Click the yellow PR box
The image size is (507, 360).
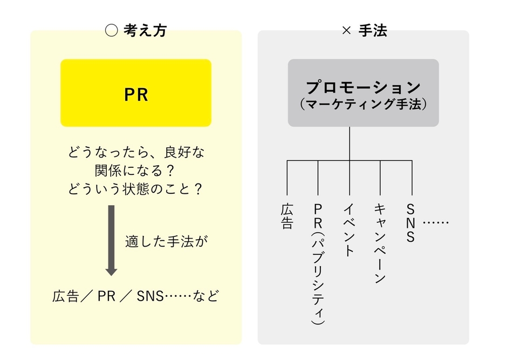[135, 93]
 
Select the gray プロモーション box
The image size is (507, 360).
[363, 93]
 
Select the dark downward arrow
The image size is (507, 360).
[111, 240]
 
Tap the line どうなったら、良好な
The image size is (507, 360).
[136, 153]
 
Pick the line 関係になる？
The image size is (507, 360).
[136, 171]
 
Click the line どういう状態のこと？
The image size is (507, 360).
[136, 190]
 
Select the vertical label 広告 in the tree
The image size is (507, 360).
[287, 216]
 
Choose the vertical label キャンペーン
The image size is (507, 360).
[380, 243]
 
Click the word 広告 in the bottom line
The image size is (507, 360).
[66, 296]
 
